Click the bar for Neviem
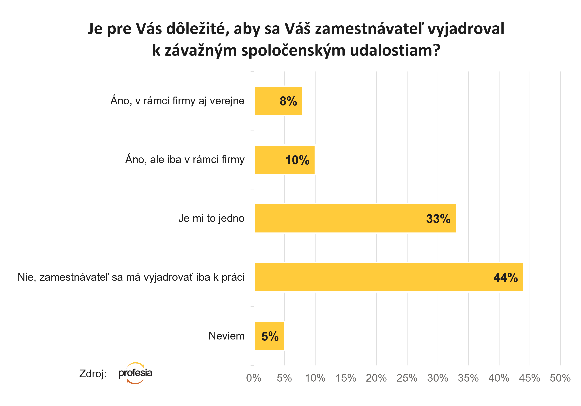pyautogui.click(x=269, y=336)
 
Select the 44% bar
pyautogui.click(x=388, y=277)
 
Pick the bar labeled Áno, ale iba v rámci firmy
pyautogui.click(x=284, y=160)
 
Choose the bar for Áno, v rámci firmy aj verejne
pyautogui.click(x=278, y=101)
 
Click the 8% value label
pyautogui.click(x=288, y=101)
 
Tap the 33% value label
pyautogui.click(x=438, y=219)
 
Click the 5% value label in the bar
pyautogui.click(x=270, y=336)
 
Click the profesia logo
pyautogui.click(x=135, y=373)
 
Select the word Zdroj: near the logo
pyautogui.click(x=93, y=373)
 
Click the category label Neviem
pyautogui.click(x=226, y=336)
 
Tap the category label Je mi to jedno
pyautogui.click(x=211, y=219)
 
